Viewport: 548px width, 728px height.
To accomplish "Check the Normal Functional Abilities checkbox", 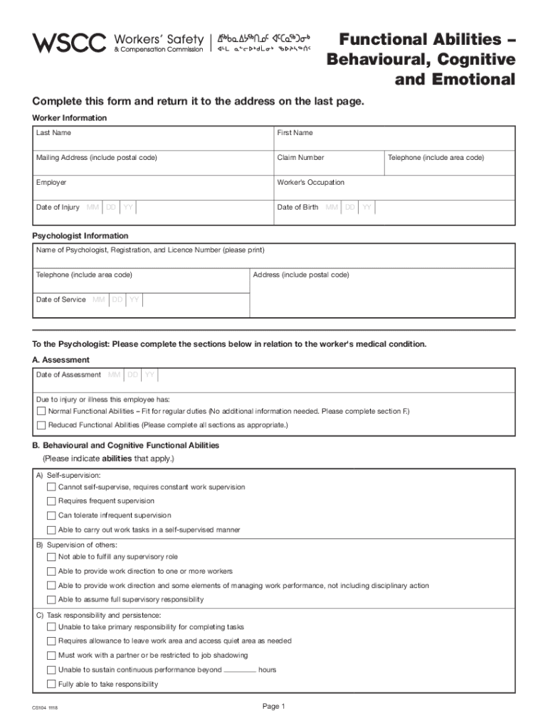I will (x=41, y=412).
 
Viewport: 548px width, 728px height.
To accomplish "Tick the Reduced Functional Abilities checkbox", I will (x=41, y=425).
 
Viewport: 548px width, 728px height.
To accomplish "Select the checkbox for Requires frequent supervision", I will (x=51, y=501).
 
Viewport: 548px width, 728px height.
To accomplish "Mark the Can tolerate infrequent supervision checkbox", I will (x=51, y=515).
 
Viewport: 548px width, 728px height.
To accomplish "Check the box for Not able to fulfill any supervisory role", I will (x=51, y=557).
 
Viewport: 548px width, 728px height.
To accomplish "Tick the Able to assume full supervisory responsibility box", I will (x=51, y=599).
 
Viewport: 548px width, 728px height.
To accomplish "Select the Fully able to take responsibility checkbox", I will (x=51, y=684).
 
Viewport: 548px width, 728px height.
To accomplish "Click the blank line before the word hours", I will (x=239, y=670).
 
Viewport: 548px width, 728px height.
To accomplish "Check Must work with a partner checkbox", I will (x=51, y=655).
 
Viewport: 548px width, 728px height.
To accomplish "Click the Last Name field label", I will (x=53, y=133).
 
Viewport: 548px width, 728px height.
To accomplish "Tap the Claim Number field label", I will (x=300, y=158).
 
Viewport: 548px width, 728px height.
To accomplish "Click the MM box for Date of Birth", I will (x=332, y=208).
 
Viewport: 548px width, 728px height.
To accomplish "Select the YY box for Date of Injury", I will (x=128, y=208).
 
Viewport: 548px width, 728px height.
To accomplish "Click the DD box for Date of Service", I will (x=117, y=300).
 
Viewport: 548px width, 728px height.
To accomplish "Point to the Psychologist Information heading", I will (x=80, y=236).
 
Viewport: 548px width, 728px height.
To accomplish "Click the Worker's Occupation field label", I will (x=310, y=183).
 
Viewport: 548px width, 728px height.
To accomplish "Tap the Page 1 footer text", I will (x=273, y=706).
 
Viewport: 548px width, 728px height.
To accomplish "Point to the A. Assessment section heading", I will (x=61, y=360).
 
